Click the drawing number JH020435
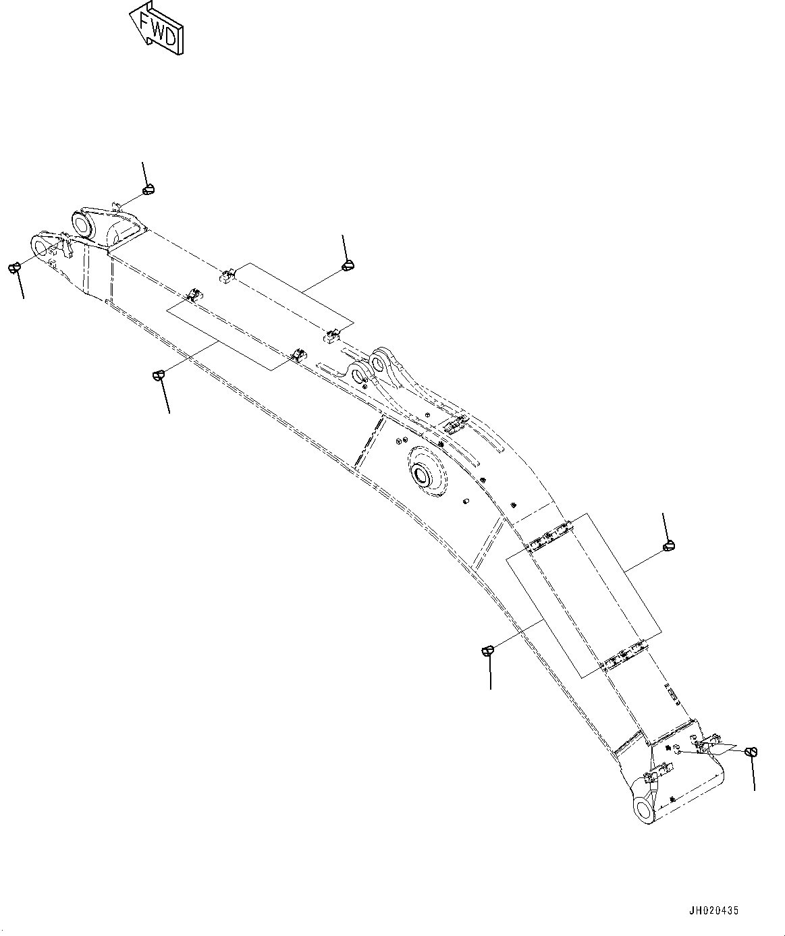coord(714,910)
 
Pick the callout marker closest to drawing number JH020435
coord(751,752)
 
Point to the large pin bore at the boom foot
coord(644,807)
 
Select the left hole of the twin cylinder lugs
coord(357,370)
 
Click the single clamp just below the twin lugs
coord(454,424)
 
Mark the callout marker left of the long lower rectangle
coord(487,651)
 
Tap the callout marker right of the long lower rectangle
coord(669,545)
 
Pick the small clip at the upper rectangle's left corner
coord(226,274)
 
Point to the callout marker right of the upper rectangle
coord(348,265)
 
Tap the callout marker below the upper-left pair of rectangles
coord(159,375)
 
